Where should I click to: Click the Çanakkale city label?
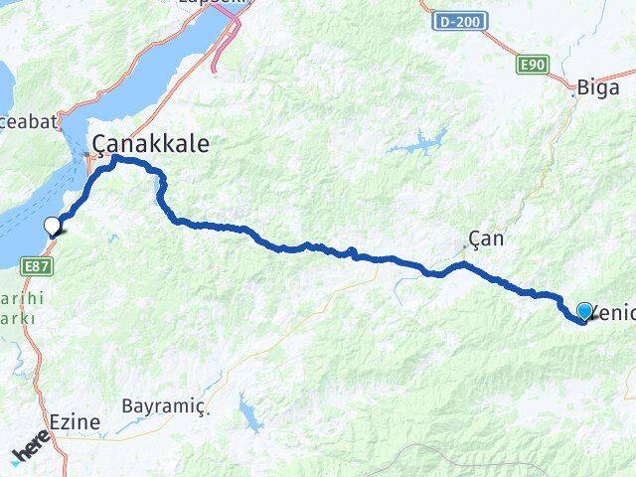tap(151, 144)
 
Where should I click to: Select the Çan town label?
tap(487, 238)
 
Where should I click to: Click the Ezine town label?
tap(75, 422)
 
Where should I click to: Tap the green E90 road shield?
tap(532, 65)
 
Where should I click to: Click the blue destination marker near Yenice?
tap(583, 312)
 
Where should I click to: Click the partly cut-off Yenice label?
tap(614, 314)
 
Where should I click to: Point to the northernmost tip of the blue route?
tap(115, 157)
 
